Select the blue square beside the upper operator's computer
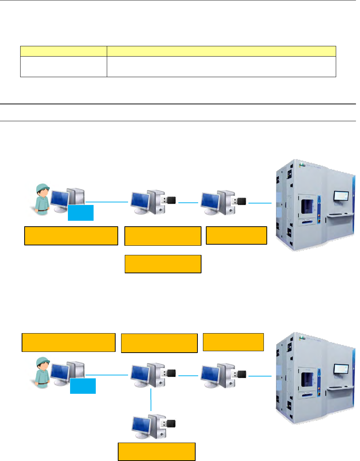pyautogui.click(x=81, y=213)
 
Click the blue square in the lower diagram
pyautogui.click(x=83, y=386)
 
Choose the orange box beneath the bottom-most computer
pyautogui.click(x=156, y=451)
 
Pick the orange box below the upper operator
pyautogui.click(x=71, y=236)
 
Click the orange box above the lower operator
pyautogui.click(x=69, y=342)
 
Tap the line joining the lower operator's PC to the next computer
pyautogui.click(x=107, y=375)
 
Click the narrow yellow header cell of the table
pyautogui.click(x=63, y=51)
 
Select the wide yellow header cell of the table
pyautogui.click(x=221, y=51)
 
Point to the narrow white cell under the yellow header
pyautogui.click(x=63, y=66)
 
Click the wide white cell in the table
pyautogui.click(x=221, y=66)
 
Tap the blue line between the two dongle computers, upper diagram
pyautogui.click(x=189, y=202)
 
